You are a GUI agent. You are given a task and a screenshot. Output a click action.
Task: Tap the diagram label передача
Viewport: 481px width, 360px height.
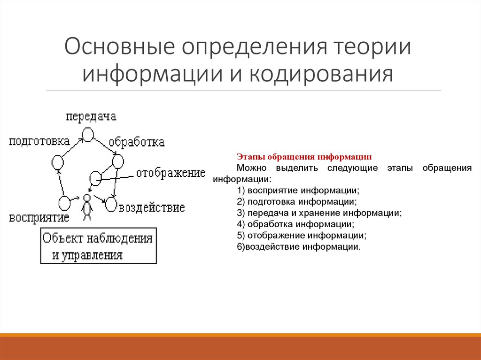coord(91,117)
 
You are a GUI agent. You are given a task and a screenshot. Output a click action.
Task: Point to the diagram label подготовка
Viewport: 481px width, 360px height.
coord(39,141)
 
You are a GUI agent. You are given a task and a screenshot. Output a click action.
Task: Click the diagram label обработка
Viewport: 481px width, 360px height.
coord(137,142)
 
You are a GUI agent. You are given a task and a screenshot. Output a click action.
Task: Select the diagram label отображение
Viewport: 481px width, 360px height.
coord(171,173)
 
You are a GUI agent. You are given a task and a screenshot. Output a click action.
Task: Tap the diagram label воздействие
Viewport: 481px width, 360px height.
coord(151,207)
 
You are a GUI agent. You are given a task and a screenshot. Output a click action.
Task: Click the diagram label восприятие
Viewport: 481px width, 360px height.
coord(39,218)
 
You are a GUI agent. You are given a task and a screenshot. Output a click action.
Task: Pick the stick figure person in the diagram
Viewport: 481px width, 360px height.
coord(86,208)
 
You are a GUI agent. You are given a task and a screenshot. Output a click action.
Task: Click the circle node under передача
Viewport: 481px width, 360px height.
coord(88,135)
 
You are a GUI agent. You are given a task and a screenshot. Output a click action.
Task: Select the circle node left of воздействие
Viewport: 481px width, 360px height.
coord(111,204)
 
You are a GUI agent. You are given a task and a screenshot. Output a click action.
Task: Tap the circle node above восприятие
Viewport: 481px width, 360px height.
coord(64,203)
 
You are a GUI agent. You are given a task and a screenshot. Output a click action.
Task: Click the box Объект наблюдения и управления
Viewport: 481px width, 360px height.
coord(98,246)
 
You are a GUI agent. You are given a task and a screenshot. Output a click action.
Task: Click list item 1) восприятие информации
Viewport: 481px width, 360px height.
coord(298,191)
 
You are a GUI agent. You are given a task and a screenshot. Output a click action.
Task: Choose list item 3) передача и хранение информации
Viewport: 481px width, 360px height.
coord(319,213)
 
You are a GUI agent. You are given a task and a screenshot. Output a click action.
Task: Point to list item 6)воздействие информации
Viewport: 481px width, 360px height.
coord(299,246)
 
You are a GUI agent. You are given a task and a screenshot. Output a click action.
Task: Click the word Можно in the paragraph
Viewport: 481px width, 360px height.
coord(251,168)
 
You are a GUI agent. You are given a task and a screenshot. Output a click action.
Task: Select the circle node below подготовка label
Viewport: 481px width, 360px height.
coord(57,162)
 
